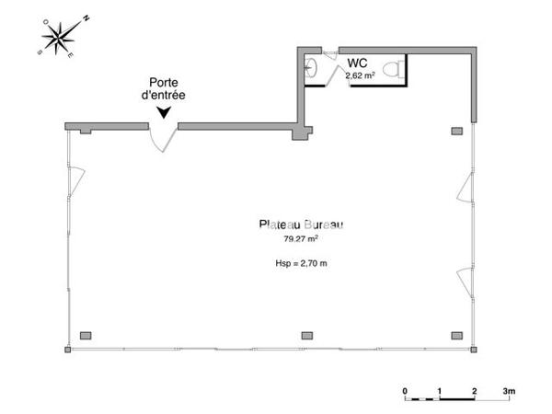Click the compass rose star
(61, 38)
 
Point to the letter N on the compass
(86, 17)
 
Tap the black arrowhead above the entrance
(164, 112)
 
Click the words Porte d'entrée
(163, 88)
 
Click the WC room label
(358, 63)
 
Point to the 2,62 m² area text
(358, 75)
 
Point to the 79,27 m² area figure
(300, 238)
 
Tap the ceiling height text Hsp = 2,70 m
(301, 263)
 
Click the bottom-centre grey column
(306, 334)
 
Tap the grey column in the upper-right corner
(456, 132)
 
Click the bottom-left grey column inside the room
(86, 334)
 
